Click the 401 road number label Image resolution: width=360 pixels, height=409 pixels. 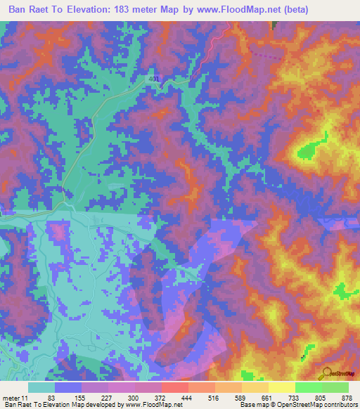point(155,80)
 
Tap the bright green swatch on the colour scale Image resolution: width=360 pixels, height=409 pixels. point(309,387)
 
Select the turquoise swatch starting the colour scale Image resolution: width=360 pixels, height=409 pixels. point(41,387)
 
